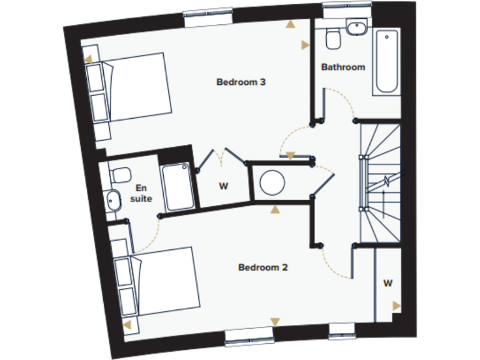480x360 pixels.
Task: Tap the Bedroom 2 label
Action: coord(262,267)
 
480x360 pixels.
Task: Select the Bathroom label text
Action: coord(342,67)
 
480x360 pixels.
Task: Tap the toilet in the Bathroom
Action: coord(333,38)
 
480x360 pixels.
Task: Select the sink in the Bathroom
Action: coord(356,28)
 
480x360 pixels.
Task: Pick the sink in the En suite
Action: coord(113,201)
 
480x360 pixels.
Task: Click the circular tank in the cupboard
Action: coord(272,183)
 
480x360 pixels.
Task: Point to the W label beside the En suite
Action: coord(222,186)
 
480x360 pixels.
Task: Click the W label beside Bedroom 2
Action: coord(387,283)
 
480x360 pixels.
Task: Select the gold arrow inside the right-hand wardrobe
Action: coord(396,306)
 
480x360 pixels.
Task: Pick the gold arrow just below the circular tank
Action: coord(274,209)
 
